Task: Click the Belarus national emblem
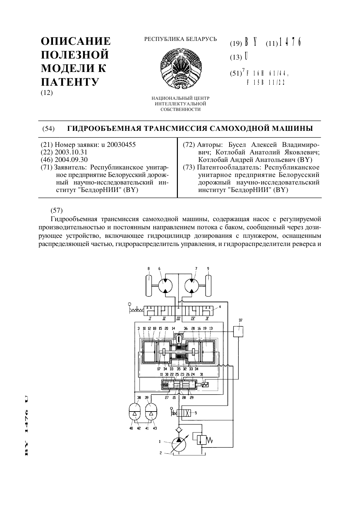[x=181, y=68]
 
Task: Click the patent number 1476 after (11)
[x=290, y=42]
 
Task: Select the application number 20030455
[x=121, y=145]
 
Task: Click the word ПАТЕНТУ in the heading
[x=70, y=82]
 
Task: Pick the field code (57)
[x=57, y=210]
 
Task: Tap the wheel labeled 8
[x=148, y=285]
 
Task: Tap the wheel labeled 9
[x=208, y=285]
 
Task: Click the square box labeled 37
[x=238, y=331]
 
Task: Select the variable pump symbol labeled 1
[x=179, y=444]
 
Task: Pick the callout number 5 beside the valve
[x=196, y=413]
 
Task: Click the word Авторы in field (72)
[x=210, y=145]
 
